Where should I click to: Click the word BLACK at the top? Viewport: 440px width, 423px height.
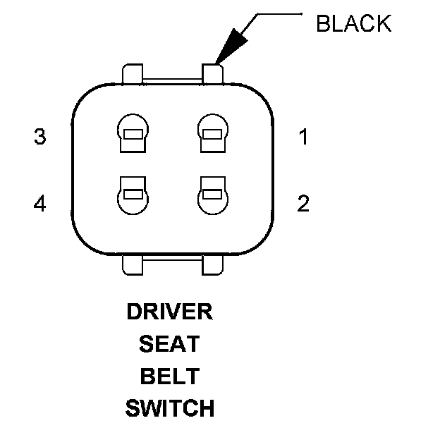[353, 23]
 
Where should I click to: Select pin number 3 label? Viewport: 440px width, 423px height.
[40, 137]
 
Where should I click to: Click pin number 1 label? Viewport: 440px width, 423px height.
[303, 137]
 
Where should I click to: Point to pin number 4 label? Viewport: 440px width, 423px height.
[40, 204]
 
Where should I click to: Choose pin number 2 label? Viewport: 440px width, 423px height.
[303, 204]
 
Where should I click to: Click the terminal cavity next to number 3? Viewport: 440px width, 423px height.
[133, 132]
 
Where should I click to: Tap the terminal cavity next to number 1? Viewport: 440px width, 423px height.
[212, 132]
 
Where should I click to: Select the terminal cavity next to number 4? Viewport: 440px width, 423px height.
[133, 195]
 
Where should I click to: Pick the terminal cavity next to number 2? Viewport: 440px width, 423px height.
[212, 195]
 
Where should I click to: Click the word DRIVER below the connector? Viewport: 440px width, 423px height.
[169, 311]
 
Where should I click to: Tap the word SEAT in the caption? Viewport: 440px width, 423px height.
[169, 344]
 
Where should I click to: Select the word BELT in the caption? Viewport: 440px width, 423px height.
[169, 376]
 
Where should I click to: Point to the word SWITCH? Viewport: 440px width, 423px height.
[169, 407]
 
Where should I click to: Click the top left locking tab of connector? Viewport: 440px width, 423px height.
[133, 74]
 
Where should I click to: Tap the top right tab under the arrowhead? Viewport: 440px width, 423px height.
[212, 73]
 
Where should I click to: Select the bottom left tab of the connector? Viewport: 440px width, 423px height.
[133, 264]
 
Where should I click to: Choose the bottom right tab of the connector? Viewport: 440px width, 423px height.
[212, 264]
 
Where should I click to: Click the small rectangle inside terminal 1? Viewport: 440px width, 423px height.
[212, 134]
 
